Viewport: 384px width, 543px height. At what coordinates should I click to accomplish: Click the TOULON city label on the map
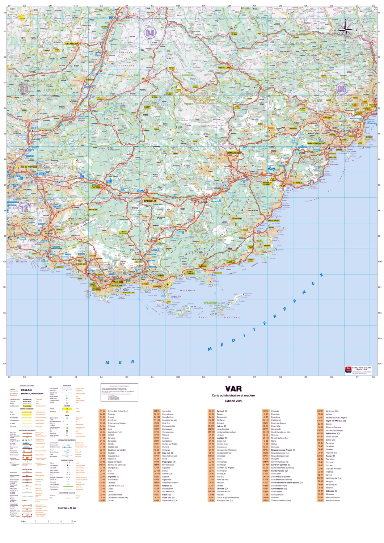(117, 282)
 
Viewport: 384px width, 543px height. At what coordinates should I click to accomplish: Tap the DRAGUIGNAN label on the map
(234, 153)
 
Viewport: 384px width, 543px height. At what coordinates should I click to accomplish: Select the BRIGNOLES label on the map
(150, 201)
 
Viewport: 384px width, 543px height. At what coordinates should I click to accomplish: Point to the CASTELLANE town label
(224, 68)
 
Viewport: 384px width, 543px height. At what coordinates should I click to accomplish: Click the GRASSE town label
(327, 118)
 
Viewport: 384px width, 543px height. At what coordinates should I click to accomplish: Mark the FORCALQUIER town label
(71, 44)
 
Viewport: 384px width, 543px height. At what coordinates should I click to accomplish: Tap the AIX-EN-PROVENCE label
(29, 167)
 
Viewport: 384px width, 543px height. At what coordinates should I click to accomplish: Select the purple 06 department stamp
(341, 89)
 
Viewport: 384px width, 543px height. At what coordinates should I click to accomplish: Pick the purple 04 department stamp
(150, 33)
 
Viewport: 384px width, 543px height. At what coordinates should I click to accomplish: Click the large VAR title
(233, 389)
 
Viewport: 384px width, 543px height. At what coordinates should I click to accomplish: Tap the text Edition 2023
(233, 401)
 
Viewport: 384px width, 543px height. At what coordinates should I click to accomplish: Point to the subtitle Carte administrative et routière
(233, 395)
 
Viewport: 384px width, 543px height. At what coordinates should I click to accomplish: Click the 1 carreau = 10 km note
(67, 508)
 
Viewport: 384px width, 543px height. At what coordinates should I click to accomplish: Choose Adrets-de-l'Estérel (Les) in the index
(118, 411)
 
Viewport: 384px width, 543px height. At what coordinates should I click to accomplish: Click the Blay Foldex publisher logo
(348, 370)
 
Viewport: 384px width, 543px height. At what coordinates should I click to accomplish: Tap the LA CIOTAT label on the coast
(59, 267)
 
